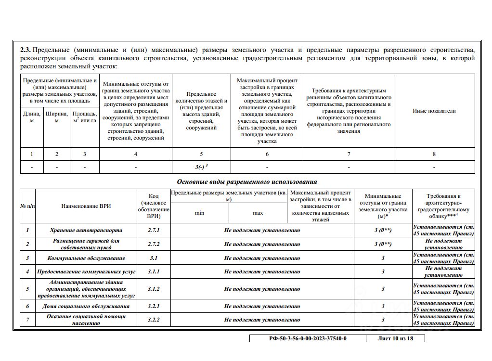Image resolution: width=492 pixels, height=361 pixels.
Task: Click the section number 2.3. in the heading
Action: pyautogui.click(x=26, y=50)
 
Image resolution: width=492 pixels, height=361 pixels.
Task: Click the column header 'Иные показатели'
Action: pyautogui.click(x=434, y=111)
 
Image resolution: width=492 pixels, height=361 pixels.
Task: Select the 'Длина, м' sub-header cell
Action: pyautogui.click(x=32, y=117)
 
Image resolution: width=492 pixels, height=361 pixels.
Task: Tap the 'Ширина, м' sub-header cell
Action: pyautogui.click(x=57, y=117)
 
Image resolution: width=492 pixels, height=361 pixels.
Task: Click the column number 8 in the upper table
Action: pyautogui.click(x=434, y=154)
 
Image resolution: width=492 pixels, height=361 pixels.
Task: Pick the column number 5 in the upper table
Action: pyautogui.click(x=201, y=154)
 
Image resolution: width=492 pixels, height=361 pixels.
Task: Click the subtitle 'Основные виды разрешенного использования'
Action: pyautogui.click(x=246, y=181)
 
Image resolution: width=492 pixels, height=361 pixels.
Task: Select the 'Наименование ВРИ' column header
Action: pyautogui.click(x=86, y=206)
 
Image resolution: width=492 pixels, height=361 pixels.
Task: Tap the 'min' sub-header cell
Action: pyautogui.click(x=199, y=213)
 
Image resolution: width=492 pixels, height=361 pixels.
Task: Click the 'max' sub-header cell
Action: pyautogui.click(x=258, y=213)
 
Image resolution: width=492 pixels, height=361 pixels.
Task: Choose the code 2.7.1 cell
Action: pyautogui.click(x=154, y=230)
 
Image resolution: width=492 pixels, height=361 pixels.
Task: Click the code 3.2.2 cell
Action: pyautogui.click(x=154, y=320)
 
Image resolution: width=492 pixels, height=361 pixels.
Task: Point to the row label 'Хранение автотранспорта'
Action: pyautogui.click(x=86, y=230)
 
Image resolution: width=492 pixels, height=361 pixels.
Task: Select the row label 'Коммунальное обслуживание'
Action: pyautogui.click(x=86, y=258)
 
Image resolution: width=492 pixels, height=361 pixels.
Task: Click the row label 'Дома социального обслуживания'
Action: pyautogui.click(x=86, y=306)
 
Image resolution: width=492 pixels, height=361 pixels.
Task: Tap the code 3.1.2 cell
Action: pyautogui.click(x=154, y=289)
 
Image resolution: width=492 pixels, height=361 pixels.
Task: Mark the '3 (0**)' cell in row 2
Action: pyautogui.click(x=383, y=244)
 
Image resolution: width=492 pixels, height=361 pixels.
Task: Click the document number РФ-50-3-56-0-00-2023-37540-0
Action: pyautogui.click(x=307, y=338)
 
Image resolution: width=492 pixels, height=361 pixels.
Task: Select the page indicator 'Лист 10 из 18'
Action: pyautogui.click(x=395, y=338)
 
